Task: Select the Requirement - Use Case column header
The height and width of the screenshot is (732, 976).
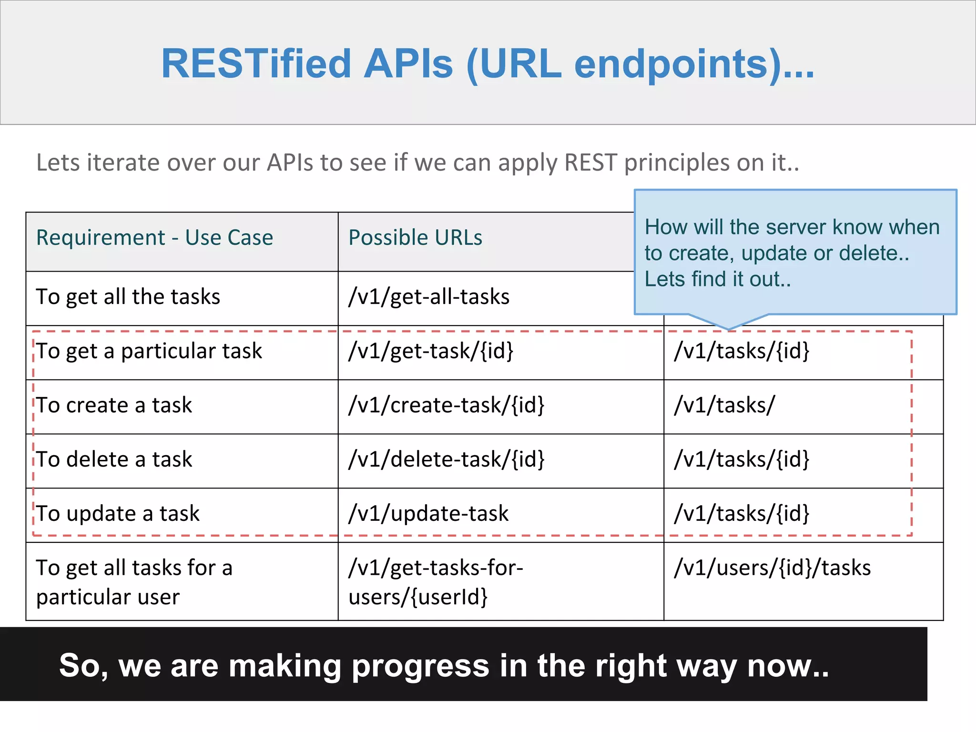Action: [155, 237]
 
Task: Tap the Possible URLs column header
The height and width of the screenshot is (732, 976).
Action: [415, 237]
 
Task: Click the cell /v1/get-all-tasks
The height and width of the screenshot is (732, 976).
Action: [429, 297]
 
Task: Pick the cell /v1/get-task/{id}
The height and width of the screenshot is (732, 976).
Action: [431, 351]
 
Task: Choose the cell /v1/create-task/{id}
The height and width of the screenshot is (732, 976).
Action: [447, 406]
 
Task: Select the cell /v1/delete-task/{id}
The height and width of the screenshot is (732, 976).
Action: [447, 459]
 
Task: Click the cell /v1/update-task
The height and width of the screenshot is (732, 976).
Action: [428, 514]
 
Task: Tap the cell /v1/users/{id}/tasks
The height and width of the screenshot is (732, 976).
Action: [772, 568]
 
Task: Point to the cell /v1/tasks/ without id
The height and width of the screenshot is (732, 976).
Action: [724, 406]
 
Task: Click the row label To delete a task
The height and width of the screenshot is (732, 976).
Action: [114, 459]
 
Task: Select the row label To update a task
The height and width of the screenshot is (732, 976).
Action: [118, 514]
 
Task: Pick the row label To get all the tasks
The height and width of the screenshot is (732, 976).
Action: [128, 297]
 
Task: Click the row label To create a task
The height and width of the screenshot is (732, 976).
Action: [114, 406]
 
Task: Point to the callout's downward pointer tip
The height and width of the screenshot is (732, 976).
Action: [729, 328]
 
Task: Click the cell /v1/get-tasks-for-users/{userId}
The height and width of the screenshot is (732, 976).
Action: [436, 582]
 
